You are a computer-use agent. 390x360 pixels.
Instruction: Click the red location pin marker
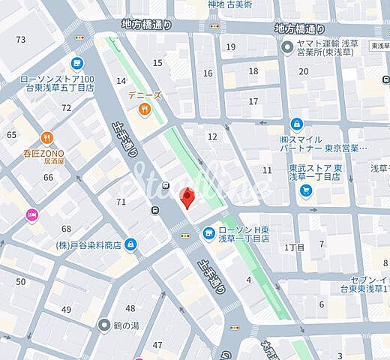(188, 199)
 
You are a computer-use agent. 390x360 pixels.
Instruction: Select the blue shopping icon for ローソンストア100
(76, 64)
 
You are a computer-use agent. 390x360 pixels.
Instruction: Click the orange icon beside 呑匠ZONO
(47, 137)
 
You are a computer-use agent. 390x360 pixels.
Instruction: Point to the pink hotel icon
(31, 215)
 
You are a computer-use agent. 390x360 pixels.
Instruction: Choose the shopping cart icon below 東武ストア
(306, 190)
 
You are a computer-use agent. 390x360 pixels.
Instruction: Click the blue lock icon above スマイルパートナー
(297, 124)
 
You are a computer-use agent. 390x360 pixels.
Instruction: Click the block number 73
(20, 39)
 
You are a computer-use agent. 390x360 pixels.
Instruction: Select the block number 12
(212, 136)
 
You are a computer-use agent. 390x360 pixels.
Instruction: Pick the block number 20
(303, 71)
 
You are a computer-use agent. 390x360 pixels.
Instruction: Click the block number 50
(21, 281)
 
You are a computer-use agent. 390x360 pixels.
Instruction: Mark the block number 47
(157, 345)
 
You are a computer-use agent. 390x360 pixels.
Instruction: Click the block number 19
(231, 47)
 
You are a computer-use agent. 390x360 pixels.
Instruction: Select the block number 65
(11, 134)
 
